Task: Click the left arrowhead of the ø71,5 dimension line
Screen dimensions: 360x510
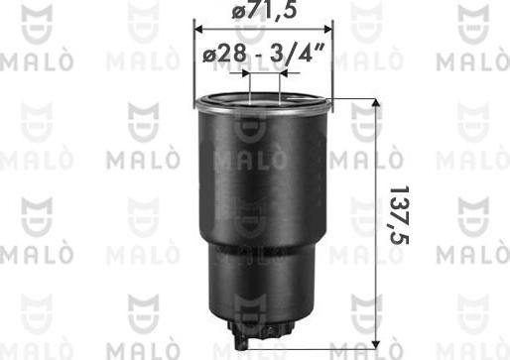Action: click(x=198, y=27)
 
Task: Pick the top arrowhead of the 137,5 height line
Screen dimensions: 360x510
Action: click(x=375, y=105)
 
